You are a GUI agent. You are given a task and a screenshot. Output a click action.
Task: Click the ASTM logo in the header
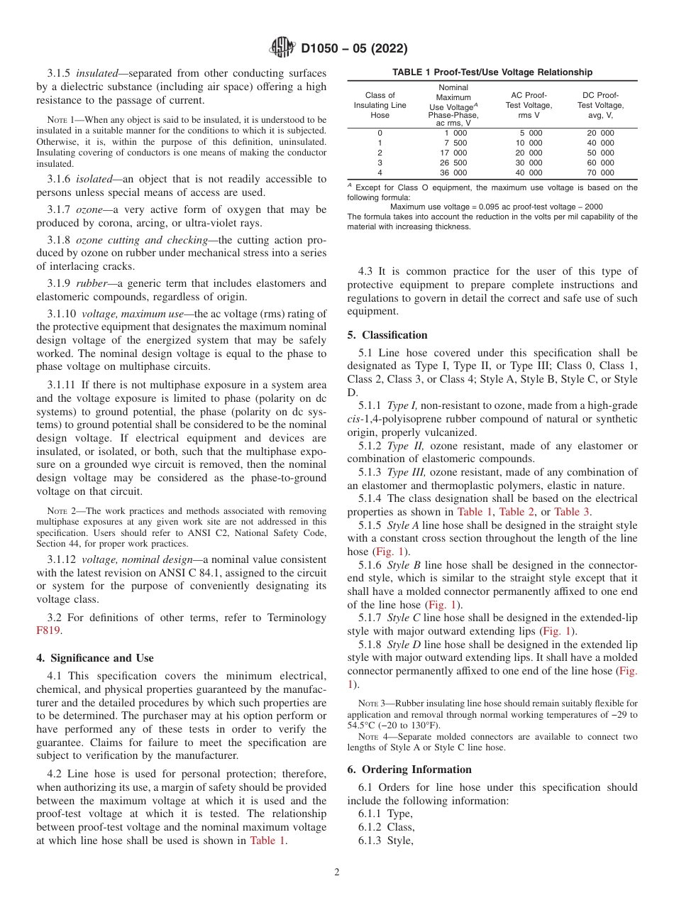283,48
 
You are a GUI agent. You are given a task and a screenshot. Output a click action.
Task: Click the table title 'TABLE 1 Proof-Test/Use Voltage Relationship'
492,72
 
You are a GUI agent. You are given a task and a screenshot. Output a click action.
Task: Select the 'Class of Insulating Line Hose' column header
380,105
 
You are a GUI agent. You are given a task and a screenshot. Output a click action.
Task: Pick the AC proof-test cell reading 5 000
531,133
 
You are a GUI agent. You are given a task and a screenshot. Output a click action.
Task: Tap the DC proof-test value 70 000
600,173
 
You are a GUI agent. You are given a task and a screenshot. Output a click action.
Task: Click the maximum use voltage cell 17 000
454,153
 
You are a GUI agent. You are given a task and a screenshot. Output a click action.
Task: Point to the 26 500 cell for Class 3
454,163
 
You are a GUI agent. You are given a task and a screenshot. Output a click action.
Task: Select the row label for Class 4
380,173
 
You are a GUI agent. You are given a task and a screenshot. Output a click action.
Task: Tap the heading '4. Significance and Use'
95,658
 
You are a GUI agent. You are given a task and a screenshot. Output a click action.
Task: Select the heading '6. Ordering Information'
409,770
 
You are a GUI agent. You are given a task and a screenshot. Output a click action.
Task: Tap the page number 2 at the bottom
337,872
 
